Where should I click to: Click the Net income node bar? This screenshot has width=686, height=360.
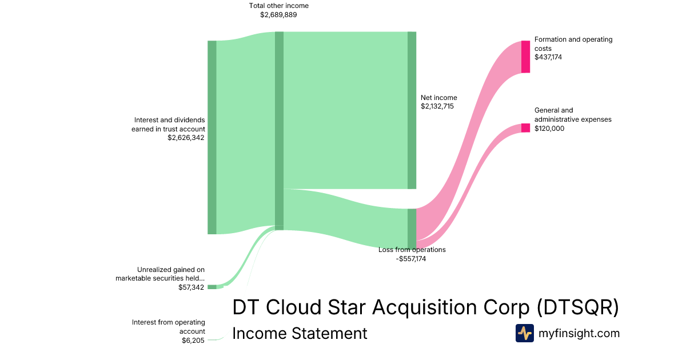point(412,110)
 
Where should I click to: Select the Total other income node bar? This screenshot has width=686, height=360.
point(279,131)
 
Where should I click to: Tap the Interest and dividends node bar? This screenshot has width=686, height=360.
point(212,138)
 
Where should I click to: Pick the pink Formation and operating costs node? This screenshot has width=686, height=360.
point(525,57)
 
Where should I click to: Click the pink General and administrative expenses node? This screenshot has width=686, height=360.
point(525,128)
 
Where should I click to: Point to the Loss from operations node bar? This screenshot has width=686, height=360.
point(412,229)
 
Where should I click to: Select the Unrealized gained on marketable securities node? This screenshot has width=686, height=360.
point(212,287)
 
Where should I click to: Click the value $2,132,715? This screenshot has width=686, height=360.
point(437,106)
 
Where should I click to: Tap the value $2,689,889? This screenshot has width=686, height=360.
point(278,15)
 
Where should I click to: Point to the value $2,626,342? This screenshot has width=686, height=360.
point(186,138)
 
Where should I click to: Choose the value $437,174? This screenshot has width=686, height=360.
point(548,57)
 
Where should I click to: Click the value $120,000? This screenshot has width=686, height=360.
point(549,128)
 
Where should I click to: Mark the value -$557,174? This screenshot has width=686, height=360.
point(410,259)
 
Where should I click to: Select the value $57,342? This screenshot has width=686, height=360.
point(191,287)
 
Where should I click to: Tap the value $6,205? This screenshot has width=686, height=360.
point(193,341)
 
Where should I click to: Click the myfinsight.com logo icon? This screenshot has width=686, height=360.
point(525,333)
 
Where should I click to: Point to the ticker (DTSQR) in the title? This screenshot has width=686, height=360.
point(578,307)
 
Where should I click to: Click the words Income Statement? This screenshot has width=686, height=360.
point(300,333)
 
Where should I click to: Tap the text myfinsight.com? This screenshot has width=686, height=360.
point(579,333)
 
